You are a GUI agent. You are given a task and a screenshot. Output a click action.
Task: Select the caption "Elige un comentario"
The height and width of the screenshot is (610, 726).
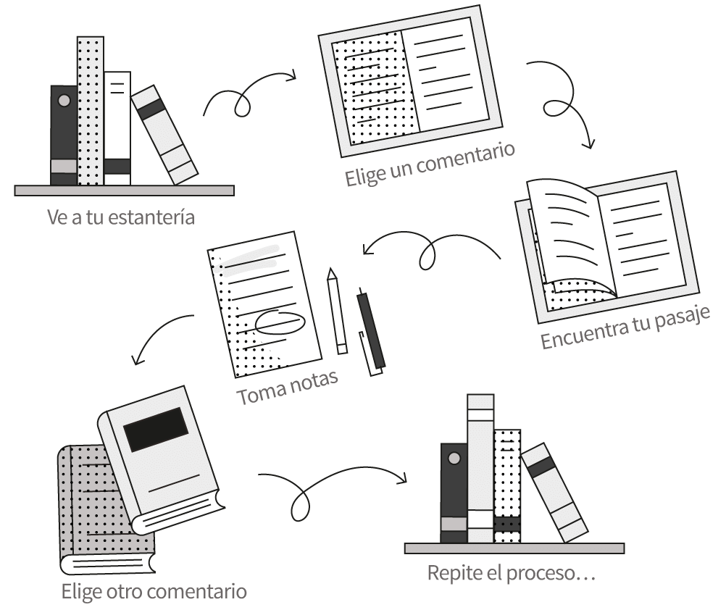click(430, 166)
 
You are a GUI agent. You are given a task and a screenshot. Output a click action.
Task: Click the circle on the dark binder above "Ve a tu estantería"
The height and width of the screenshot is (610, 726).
click(64, 100)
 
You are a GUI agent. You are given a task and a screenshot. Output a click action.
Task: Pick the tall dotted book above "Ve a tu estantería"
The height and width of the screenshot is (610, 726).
click(90, 109)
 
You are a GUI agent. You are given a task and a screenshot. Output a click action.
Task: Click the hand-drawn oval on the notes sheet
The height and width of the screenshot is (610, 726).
click(279, 321)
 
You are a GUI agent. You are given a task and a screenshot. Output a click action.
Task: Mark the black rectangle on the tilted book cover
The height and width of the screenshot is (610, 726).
click(156, 429)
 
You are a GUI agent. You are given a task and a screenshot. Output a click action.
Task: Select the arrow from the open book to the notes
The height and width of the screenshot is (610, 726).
click(427, 250)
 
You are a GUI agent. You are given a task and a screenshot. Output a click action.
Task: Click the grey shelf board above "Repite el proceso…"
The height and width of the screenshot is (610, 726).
click(514, 548)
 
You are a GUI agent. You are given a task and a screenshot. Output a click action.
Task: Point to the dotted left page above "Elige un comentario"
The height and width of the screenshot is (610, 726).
click(372, 85)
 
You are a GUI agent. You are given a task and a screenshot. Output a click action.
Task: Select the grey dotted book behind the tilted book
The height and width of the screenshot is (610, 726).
click(83, 500)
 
